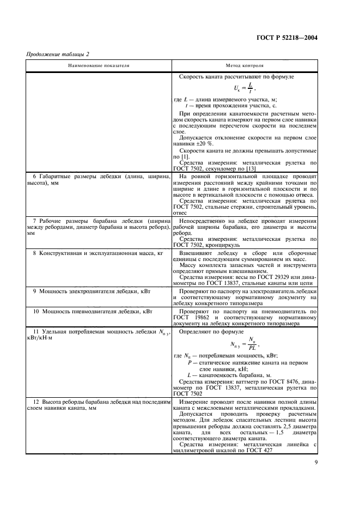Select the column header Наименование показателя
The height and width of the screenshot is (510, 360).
tap(99, 65)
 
